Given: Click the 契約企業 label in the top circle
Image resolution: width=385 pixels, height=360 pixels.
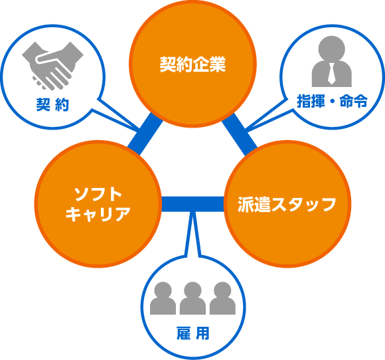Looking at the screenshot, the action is point(193,64).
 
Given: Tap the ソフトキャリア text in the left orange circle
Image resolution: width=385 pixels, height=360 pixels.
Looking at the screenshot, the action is point(98,205).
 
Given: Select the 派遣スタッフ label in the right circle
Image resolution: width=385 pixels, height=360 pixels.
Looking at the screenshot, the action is point(287,204).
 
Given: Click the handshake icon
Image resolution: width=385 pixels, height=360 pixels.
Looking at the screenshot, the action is point(52,66).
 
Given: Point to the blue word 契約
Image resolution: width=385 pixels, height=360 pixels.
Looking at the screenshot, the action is point(52,105).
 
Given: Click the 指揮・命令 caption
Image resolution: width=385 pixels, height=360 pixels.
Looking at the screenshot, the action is point(332,101).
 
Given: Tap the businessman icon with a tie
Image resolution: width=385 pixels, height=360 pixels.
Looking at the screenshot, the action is point(332,61).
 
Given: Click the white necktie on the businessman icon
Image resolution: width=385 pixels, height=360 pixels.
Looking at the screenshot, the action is point(331,74).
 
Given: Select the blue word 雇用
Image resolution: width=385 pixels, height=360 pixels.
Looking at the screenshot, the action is point(193,333).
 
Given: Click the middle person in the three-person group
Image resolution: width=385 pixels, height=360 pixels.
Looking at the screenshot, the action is point(193,298).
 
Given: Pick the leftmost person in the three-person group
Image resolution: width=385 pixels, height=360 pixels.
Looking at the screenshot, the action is point(163,298).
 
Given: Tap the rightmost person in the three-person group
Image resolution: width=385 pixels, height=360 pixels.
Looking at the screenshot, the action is point(222,298).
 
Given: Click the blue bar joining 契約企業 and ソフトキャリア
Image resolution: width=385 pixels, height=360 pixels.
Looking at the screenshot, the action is point(145,134).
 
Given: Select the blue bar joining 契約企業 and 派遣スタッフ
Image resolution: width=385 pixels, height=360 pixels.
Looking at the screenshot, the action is point(240,134).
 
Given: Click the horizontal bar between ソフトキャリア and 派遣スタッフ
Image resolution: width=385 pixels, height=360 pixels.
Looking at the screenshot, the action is point(193,204).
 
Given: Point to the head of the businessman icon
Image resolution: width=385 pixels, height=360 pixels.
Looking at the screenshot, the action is point(332,48).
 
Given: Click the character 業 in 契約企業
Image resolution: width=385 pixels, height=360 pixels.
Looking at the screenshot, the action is point(218,64).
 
